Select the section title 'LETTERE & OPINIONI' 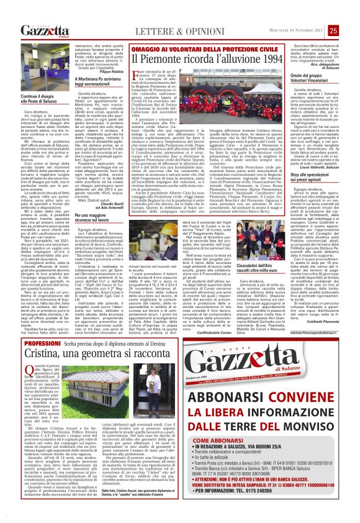click(x=156, y=31)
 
